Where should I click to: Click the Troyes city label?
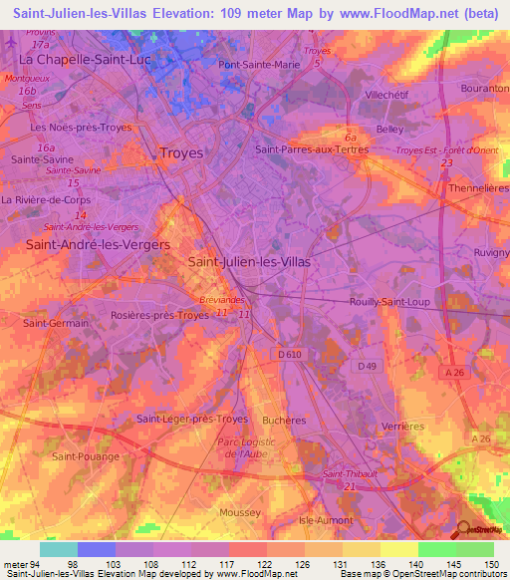[x=181, y=153]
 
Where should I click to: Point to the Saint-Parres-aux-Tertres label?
[x=312, y=149]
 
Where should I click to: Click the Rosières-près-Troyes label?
[x=160, y=316]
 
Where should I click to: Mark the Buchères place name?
[x=284, y=421]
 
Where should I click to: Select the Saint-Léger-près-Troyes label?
[x=192, y=419]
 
